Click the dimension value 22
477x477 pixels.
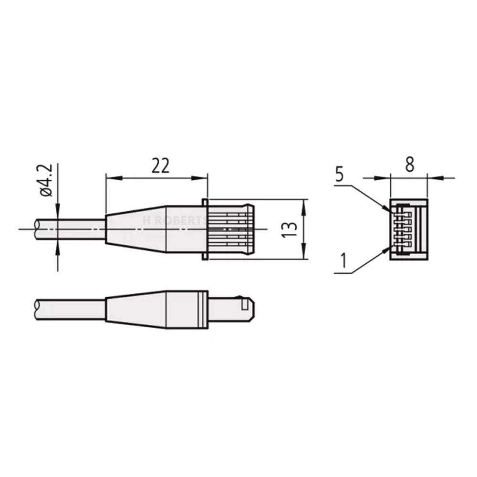click(161, 166)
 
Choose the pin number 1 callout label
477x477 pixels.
click(342, 260)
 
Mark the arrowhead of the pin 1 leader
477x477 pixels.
click(387, 249)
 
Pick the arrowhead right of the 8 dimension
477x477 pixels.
click(434, 178)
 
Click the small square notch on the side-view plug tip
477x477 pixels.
click(246, 303)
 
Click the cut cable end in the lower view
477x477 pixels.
click(38, 310)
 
